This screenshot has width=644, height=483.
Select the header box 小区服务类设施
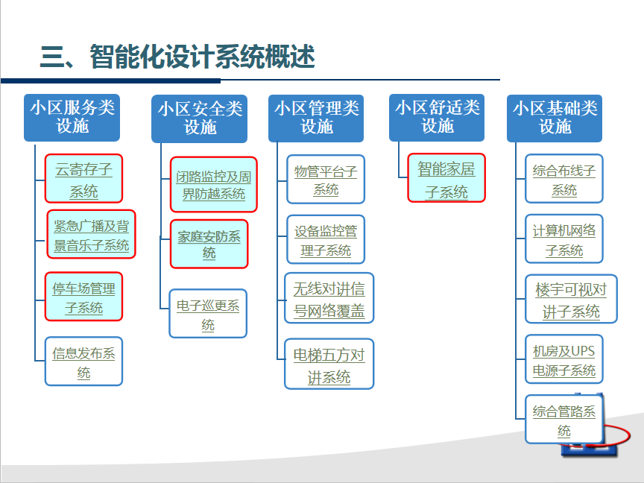click(x=72, y=118)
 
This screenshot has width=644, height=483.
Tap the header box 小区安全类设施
click(x=200, y=119)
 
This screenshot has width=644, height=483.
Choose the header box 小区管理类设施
click(x=316, y=119)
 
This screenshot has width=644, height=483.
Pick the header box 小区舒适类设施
click(x=437, y=118)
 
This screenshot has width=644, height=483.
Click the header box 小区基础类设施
click(x=555, y=119)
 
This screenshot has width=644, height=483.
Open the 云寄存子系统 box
click(x=83, y=179)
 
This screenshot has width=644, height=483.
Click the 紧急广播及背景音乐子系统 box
click(x=91, y=235)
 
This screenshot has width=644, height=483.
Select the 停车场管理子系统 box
click(x=83, y=297)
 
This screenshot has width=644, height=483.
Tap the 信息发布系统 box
click(x=83, y=362)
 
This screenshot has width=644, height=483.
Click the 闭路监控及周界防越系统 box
click(x=214, y=184)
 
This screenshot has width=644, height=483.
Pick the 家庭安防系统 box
click(x=209, y=244)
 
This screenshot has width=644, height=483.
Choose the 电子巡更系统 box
click(x=208, y=313)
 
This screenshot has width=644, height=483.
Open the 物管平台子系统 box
click(x=326, y=179)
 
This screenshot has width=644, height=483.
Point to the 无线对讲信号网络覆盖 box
click(x=329, y=298)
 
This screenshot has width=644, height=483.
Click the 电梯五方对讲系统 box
click(x=329, y=364)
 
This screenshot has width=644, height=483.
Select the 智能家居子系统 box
click(x=446, y=178)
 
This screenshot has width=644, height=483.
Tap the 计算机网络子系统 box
click(x=564, y=239)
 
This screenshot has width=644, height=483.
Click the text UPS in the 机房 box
click(x=583, y=351)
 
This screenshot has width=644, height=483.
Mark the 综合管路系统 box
click(x=564, y=420)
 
